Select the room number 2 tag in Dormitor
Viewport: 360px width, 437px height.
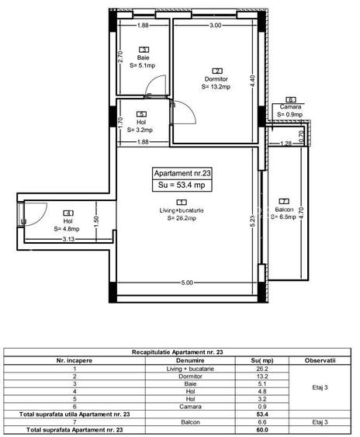(217, 71)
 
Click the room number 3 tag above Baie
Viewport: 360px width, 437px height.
(144, 50)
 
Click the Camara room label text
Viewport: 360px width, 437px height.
(290, 107)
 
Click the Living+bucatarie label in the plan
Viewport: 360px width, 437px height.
(182, 210)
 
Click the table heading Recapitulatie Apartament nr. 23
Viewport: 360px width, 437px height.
(180, 352)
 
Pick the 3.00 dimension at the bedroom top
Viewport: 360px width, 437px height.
(215, 26)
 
